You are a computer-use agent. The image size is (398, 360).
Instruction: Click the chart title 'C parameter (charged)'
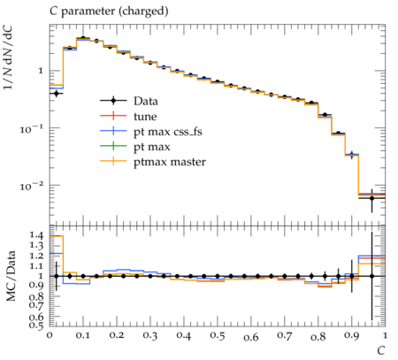pos(109,11)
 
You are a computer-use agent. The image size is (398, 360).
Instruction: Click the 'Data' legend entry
pos(146,101)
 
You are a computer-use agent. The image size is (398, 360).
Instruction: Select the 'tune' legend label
pos(145,117)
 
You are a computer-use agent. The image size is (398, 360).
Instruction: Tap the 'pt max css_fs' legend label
pos(168,132)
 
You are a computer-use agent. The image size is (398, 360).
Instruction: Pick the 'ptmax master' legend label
pos(170,162)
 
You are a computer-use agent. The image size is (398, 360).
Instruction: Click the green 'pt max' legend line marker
pos(113,146)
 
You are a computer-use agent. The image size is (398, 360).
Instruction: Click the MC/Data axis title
pos(11,276)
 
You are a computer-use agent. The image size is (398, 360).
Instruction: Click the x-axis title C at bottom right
pos(381,351)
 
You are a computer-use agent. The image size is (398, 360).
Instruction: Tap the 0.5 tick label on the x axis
pos(218,336)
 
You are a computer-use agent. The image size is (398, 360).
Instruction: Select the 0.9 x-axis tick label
pos(351,336)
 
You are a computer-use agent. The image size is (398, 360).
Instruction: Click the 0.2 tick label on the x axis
pos(117,336)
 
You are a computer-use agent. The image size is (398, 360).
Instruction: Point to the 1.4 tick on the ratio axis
pos(36,235)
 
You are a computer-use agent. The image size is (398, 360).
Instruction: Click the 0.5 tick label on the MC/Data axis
pos(36,326)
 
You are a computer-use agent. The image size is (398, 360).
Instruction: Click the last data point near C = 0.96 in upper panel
pos(371,198)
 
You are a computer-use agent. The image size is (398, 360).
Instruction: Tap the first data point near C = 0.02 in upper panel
pos(57,94)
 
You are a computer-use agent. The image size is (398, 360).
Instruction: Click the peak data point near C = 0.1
pos(83,38)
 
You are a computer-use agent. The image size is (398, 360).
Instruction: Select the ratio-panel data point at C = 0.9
pos(351,276)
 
